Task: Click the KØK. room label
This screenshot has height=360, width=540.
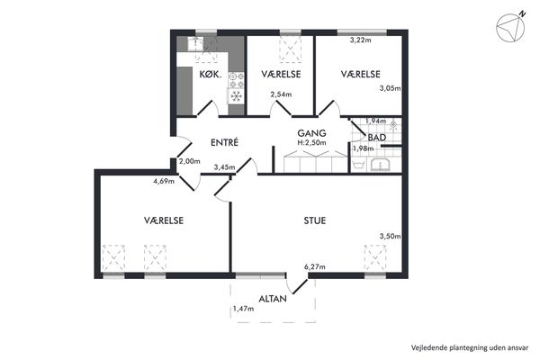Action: pos(210,75)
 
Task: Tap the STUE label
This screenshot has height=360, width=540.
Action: pos(315,220)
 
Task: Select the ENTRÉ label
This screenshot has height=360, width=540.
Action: pos(224,142)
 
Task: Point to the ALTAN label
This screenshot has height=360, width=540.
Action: pos(273,299)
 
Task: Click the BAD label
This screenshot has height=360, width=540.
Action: pos(377,138)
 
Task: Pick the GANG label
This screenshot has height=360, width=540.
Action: pos(311,133)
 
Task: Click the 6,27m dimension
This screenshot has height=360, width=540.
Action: pos(315,266)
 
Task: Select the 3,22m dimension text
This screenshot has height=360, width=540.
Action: pos(361,40)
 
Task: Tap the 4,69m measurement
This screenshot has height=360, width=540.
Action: pos(164,181)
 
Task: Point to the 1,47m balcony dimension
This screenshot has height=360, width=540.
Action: pos(244,309)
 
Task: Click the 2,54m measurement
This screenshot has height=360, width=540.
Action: pos(281,94)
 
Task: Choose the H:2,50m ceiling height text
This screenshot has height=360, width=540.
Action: pos(312,142)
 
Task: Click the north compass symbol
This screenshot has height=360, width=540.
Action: pos(511,27)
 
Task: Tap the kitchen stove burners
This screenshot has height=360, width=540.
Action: pos(236,79)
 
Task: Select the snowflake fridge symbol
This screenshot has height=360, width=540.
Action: pos(236,96)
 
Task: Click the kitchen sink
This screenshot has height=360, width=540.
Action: pos(195,44)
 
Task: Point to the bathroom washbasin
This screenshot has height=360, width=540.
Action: pos(380,165)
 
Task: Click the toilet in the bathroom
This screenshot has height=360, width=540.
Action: pos(359,164)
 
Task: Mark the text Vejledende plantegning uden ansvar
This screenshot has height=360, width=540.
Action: pos(470,347)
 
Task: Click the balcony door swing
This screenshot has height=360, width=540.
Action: pos(295,285)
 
